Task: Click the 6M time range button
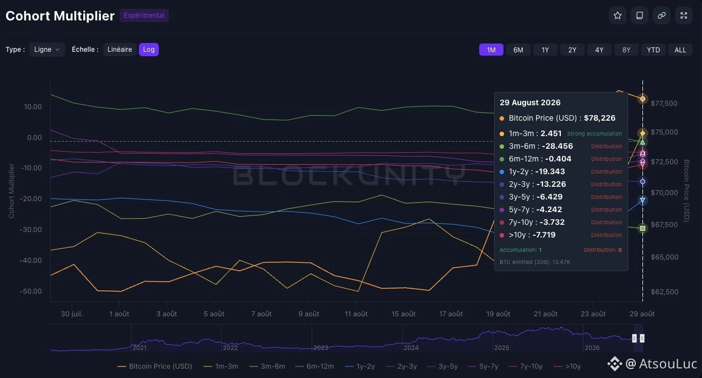coord(518,50)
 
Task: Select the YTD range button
coord(653,50)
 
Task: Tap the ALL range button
coord(680,50)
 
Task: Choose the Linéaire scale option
coord(120,50)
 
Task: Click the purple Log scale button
coord(149,50)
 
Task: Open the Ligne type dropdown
coord(47,50)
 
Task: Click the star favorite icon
coord(618,15)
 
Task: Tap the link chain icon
coord(662,15)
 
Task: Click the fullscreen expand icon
coord(683,15)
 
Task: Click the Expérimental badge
coord(144,15)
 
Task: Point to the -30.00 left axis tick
coord(31,230)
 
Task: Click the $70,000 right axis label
coord(665,193)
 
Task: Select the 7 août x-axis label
coord(262,314)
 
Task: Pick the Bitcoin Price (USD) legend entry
coord(155,366)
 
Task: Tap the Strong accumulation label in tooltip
coord(594,134)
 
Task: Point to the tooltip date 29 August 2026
coord(530,102)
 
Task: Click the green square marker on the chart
coord(642,229)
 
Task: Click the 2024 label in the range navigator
coord(411,348)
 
